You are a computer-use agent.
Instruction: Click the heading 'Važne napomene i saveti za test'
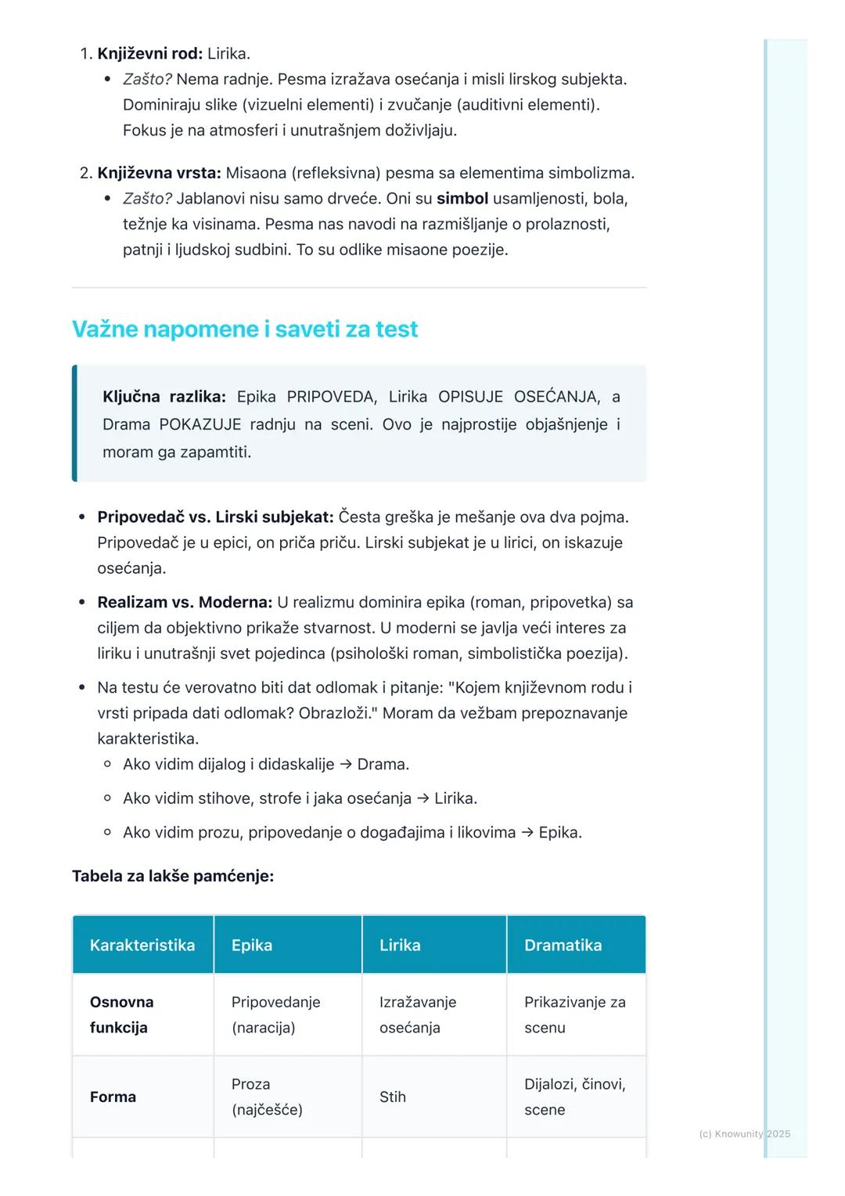pos(245,330)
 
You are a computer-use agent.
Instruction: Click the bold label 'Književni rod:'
pos(149,54)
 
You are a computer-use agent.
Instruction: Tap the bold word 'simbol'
pos(462,199)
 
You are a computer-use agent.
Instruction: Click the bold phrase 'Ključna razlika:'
pos(164,397)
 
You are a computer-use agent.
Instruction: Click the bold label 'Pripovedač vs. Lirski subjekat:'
pos(215,517)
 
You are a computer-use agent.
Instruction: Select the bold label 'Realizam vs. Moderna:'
pos(185,603)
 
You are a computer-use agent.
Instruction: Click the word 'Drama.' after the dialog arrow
pos(383,765)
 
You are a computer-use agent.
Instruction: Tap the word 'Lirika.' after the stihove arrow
pos(456,798)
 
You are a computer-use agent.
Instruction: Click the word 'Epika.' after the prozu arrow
pos(560,833)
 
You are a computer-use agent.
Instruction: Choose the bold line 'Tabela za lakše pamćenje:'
pos(173,876)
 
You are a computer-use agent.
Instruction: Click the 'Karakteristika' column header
pos(142,946)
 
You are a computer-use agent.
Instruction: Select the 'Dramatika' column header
pos(563,946)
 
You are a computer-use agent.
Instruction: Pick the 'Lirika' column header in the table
pos(400,946)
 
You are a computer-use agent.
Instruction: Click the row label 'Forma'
pos(113,1097)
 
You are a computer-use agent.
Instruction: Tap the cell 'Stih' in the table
pos(393,1097)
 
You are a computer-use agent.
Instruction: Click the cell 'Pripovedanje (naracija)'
pos(275,1015)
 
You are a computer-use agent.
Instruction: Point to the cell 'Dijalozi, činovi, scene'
pos(574,1097)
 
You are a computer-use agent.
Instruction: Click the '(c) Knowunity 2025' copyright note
pos(744,1133)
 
